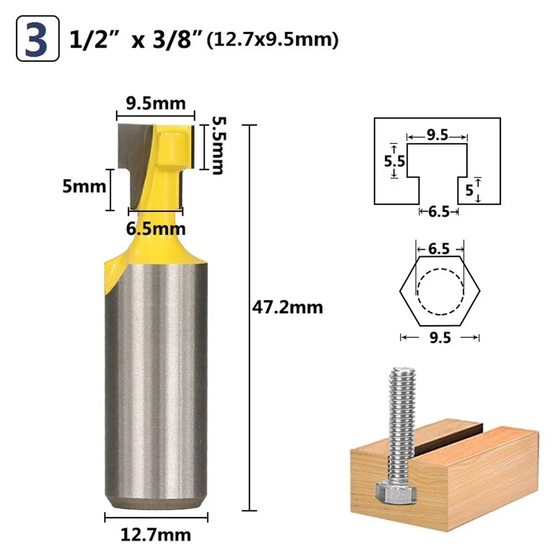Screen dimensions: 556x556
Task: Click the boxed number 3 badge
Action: click(x=38, y=38)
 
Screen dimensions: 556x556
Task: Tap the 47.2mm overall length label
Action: click(x=287, y=307)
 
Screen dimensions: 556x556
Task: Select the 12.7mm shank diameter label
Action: click(x=156, y=535)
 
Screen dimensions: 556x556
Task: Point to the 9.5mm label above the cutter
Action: click(x=156, y=103)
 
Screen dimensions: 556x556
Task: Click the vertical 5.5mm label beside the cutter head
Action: click(x=218, y=146)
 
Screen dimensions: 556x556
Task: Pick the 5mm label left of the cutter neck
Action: click(x=84, y=186)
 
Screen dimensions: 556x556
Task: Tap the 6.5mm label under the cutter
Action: click(x=156, y=229)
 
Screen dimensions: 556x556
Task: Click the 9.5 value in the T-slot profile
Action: click(x=437, y=135)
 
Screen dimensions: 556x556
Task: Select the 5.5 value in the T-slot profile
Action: click(x=394, y=161)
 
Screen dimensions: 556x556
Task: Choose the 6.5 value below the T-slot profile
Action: click(x=439, y=212)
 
